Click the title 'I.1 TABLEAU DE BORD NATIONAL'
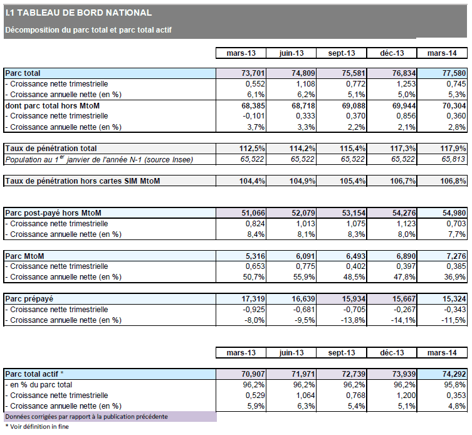click(78, 13)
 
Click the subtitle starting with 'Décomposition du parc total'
click(88, 29)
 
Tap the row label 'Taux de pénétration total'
click(51, 149)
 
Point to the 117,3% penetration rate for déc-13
click(392, 149)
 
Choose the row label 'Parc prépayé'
click(31, 299)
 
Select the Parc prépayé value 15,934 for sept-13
click(342, 299)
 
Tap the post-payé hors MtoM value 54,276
click(392, 214)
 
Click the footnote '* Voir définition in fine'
click(37, 427)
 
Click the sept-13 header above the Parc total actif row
click(342, 352)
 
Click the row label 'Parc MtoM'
click(25, 256)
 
